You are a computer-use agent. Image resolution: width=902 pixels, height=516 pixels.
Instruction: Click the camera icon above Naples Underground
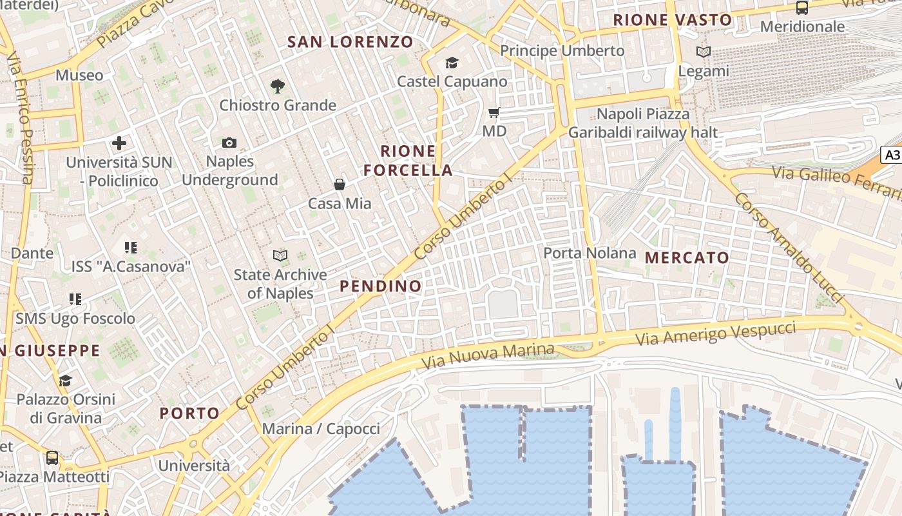(x=229, y=143)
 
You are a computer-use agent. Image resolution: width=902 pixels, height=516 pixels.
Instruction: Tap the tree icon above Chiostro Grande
(x=278, y=86)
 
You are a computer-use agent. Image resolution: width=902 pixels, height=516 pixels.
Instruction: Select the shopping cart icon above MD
(x=494, y=113)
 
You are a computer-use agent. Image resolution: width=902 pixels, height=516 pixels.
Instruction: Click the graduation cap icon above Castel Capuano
(x=452, y=63)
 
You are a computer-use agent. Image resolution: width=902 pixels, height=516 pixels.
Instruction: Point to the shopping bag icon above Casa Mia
(x=340, y=184)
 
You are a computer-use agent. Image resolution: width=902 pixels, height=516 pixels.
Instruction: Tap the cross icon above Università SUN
(x=119, y=143)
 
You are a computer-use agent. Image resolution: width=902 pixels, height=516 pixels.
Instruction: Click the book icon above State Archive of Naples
(x=280, y=256)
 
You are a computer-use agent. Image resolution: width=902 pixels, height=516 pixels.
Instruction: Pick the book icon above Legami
(x=704, y=52)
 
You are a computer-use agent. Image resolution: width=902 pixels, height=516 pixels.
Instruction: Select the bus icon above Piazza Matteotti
(x=52, y=458)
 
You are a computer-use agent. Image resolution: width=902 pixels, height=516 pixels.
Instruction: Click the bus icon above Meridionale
(x=802, y=8)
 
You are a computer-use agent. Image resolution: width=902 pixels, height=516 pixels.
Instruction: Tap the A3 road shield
(x=892, y=155)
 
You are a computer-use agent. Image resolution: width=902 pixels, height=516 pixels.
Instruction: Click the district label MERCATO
(x=687, y=258)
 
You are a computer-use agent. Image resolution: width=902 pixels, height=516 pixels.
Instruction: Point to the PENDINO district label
(x=380, y=286)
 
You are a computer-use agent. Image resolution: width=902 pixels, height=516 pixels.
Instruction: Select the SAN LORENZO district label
(x=350, y=43)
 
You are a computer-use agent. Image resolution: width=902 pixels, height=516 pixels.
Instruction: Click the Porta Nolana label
(x=590, y=253)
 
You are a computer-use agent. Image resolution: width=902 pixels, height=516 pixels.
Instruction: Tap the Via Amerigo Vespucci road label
(x=715, y=333)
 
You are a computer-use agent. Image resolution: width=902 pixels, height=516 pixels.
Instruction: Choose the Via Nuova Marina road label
(x=487, y=356)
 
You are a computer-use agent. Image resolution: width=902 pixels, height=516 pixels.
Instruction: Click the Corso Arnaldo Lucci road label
(x=789, y=247)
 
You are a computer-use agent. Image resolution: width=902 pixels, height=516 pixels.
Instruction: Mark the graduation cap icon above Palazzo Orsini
(x=65, y=381)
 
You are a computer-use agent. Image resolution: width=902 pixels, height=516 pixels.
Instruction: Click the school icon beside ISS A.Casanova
(x=131, y=247)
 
